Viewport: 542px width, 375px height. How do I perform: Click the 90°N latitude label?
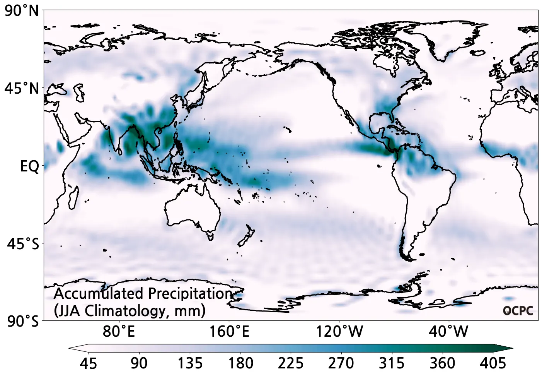[22, 11]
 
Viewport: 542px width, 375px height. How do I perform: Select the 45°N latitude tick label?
[22, 89]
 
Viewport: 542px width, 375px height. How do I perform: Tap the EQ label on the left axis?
[29, 166]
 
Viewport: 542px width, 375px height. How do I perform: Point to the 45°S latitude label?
[23, 244]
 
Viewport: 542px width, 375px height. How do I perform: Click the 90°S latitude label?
[23, 322]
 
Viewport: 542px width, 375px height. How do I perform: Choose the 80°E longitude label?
[119, 332]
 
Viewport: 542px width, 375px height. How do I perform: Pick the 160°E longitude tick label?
[229, 332]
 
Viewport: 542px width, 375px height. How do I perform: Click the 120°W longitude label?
[339, 332]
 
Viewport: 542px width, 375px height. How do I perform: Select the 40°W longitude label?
[448, 332]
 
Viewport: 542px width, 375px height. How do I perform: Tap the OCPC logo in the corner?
[518, 311]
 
